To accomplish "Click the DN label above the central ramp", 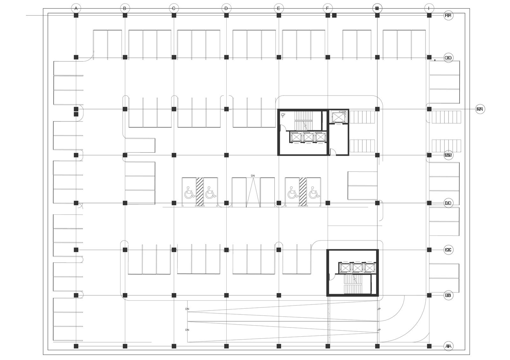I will click(253, 176).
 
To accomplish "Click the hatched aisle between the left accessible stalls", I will click(200, 192).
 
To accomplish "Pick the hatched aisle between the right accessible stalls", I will click(302, 192).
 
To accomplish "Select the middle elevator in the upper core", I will click(308, 137).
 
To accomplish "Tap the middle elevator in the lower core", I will click(357, 269).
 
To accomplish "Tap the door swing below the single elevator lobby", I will click(332, 152).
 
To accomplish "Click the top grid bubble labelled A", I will click(76, 8).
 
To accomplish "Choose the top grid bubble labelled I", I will click(429, 8).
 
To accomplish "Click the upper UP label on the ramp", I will click(379, 309).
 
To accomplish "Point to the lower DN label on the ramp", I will click(187, 330).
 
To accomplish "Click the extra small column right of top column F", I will click(334, 15).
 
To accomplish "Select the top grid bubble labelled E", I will click(279, 8).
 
